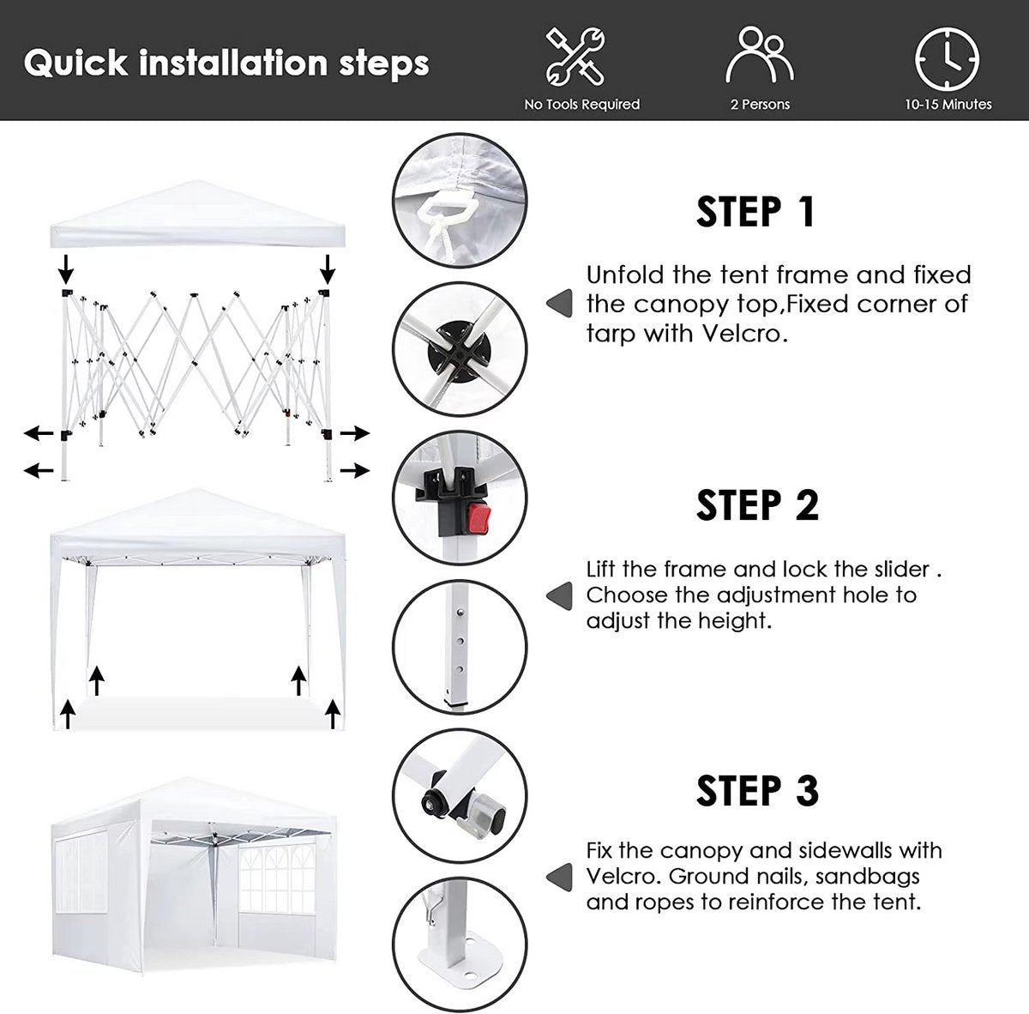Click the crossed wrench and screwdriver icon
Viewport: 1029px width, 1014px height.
[575, 57]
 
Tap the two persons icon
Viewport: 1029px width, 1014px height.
[760, 55]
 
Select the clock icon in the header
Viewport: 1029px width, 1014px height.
[947, 59]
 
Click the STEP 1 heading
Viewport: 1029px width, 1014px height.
[755, 212]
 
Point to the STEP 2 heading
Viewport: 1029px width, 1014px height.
[757, 505]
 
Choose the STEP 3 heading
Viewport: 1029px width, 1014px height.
[757, 791]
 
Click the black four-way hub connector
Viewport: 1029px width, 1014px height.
[458, 352]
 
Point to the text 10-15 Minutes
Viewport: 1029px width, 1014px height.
[948, 104]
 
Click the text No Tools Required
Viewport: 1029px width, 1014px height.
[581, 104]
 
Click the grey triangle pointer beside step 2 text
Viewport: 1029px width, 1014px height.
[559, 595]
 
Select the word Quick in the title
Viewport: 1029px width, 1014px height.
[75, 63]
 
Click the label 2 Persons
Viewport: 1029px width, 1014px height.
[760, 104]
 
